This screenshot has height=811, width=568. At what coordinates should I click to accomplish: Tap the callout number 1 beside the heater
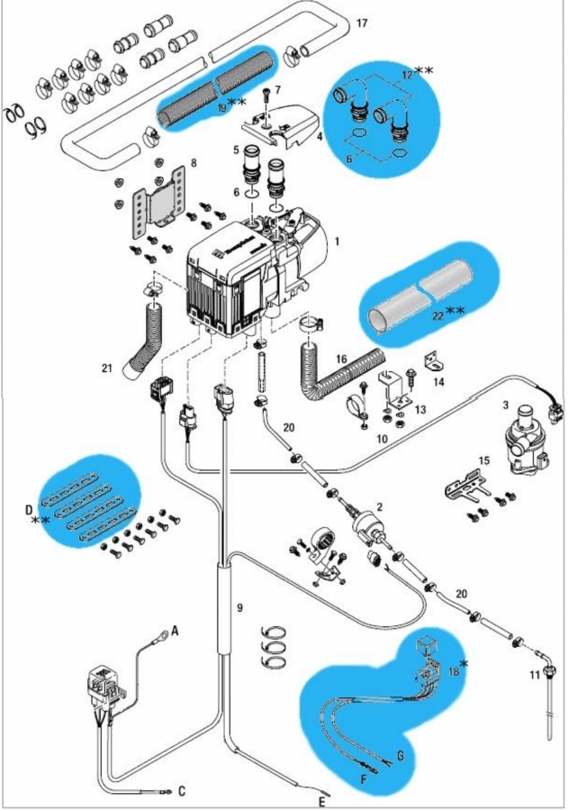point(336,241)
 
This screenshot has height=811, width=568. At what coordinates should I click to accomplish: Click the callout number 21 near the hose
point(107,368)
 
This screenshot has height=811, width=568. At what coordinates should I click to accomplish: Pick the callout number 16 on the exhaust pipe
point(341,360)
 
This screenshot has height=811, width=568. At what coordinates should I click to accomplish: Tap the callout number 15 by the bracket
point(485,461)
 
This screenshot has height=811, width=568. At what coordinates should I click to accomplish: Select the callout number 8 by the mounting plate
point(192,166)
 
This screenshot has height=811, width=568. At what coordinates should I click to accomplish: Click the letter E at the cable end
point(320,800)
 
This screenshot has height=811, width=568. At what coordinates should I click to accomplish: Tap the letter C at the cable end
point(181,792)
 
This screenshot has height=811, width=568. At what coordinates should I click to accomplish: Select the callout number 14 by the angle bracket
point(438,382)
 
